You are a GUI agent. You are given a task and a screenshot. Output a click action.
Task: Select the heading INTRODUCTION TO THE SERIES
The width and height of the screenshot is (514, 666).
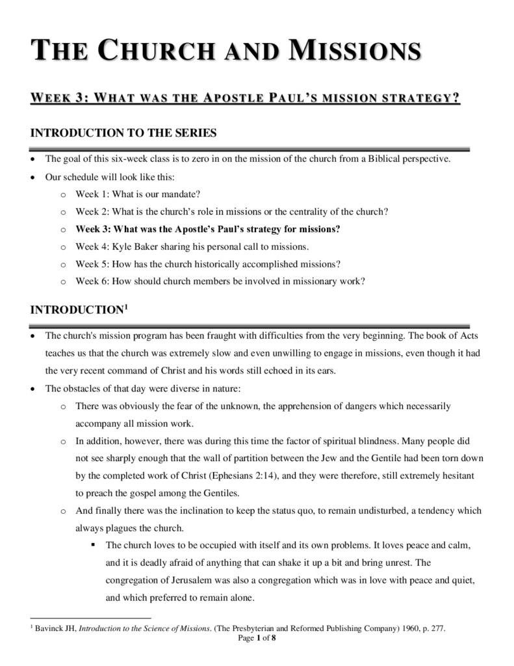coord(123,133)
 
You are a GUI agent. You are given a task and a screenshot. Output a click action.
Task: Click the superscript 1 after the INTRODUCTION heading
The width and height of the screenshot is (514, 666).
coord(125,306)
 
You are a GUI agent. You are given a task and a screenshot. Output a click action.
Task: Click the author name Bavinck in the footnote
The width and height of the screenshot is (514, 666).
coord(51,628)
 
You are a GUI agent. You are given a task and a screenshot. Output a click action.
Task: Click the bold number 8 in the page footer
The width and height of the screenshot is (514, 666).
coord(274,638)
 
